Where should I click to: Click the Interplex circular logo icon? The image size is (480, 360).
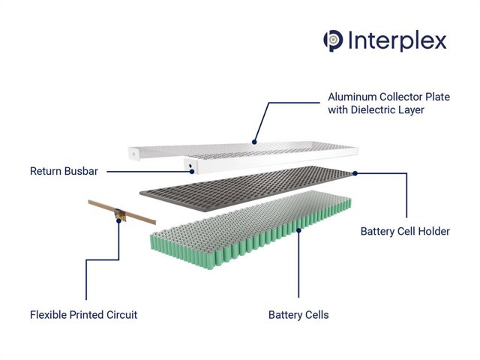coord(333,40)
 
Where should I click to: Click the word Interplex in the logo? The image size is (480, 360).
coord(397,40)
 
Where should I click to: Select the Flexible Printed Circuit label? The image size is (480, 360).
coord(83,314)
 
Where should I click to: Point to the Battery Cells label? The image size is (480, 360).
coord(298,314)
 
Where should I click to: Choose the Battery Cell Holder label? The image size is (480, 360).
coord(405,231)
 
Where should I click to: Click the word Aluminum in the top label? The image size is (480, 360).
coord(353,97)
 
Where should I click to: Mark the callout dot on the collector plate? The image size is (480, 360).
coord(255,140)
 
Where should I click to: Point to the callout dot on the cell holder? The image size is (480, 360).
coord(355,172)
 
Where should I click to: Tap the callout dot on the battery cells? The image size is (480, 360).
coord(298,231)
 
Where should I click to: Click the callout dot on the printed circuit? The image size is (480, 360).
coord(118,220)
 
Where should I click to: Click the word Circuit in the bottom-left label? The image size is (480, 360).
coord(121,314)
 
